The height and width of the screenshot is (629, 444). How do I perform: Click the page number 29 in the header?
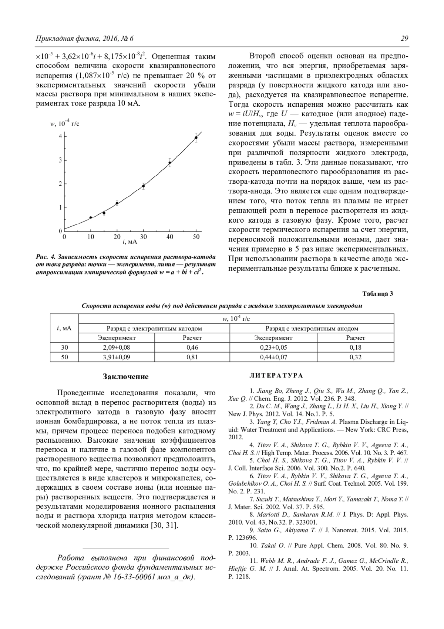pyautogui.click(x=404, y=39)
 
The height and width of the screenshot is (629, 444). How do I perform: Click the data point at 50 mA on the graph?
pyautogui.click(x=196, y=138)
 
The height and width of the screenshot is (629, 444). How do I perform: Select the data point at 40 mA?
pyautogui.click(x=170, y=163)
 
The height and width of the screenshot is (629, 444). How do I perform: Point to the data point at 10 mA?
pyautogui.click(x=91, y=217)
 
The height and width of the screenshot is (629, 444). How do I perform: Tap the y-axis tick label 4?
pyautogui.click(x=60, y=136)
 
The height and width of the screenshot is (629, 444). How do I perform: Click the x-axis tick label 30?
pyautogui.click(x=143, y=237)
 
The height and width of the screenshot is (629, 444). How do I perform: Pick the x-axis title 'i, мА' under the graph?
pyautogui.click(x=130, y=242)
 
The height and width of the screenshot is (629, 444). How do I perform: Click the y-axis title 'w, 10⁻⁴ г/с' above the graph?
pyautogui.click(x=65, y=124)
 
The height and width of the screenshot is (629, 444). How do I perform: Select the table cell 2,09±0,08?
pyautogui.click(x=117, y=347)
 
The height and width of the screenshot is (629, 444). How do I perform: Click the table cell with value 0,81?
pyautogui.click(x=192, y=357)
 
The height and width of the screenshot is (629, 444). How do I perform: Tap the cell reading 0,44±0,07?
pyautogui.click(x=273, y=357)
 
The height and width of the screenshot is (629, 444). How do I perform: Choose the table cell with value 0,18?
pyautogui.click(x=355, y=347)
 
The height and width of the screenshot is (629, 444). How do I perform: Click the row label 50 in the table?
pyautogui.click(x=64, y=357)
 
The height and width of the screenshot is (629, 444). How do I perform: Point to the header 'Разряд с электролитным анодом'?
pyautogui.click(x=312, y=328)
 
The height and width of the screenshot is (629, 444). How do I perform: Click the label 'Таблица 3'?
pyautogui.click(x=377, y=294)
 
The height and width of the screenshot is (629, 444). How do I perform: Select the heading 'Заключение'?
pyautogui.click(x=125, y=377)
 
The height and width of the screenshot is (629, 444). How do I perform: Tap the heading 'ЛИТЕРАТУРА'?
pyautogui.click(x=276, y=376)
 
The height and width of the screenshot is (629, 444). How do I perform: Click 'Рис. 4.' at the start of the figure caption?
pyautogui.click(x=46, y=257)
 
